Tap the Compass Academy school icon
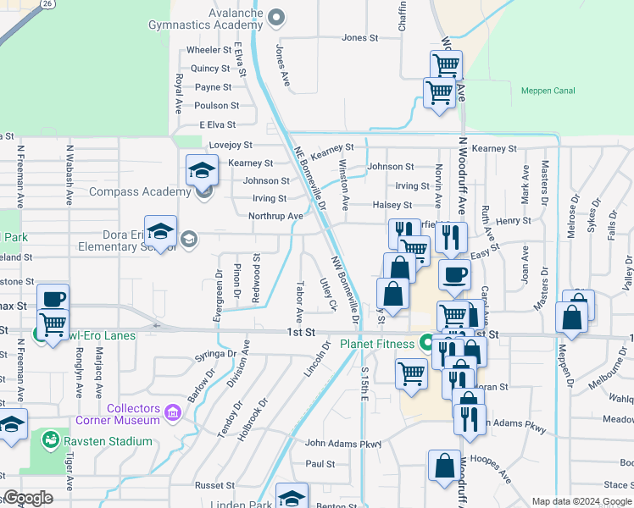(202, 172)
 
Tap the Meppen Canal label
(547, 91)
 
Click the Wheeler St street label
(209, 50)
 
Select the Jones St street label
(359, 38)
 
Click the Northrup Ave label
(275, 216)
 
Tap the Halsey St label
(392, 205)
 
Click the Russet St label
(214, 486)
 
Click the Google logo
(28, 498)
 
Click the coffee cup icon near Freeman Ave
(53, 299)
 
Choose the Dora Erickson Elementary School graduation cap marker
(159, 231)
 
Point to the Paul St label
(320, 464)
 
